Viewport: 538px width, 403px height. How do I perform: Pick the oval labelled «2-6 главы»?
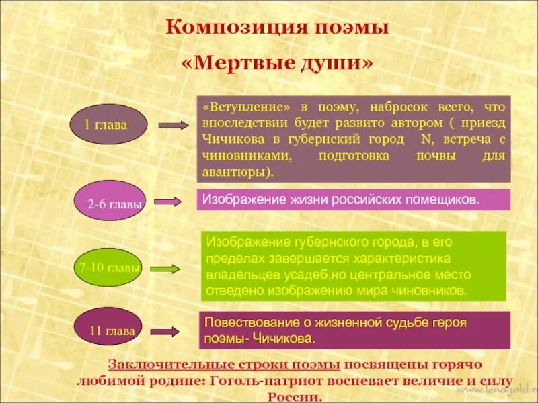(x=115, y=201)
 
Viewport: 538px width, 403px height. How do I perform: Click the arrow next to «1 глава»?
(x=175, y=125)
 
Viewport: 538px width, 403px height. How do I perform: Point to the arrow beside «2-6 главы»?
(x=168, y=201)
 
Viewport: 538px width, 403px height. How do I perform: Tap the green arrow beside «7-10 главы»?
(x=167, y=269)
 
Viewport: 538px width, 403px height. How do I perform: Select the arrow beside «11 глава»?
(x=164, y=331)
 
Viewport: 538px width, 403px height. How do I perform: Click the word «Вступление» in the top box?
(x=249, y=107)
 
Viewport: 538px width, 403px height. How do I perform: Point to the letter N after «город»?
(x=426, y=140)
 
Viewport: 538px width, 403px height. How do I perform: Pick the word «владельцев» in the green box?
(x=237, y=275)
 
